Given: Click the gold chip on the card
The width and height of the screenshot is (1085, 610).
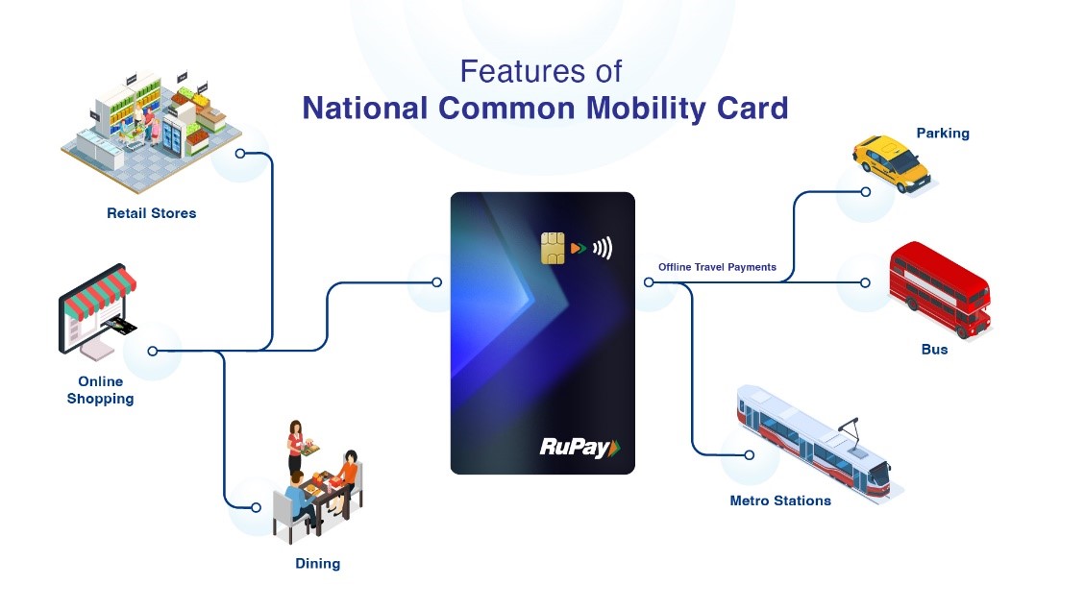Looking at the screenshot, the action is pos(553,248).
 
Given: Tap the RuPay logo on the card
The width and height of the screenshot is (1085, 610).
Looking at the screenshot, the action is pos(579,448).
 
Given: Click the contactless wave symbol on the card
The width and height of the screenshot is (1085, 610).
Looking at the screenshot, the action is pos(603,248).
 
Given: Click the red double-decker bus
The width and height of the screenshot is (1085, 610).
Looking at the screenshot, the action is pos(941,288).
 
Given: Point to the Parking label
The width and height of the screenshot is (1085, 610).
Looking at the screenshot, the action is pos(943,133).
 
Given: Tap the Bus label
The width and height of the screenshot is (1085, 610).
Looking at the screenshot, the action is pos(934,350).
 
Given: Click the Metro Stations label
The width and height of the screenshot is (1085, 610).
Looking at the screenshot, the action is pos(780,500).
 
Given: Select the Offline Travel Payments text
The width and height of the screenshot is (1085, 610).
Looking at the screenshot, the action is pos(717,267).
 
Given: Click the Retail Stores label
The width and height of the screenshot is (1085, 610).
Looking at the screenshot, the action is pos(152,213).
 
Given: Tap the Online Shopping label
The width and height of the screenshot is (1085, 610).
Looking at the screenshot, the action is pos(100,390).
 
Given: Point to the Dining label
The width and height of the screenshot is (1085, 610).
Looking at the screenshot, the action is pos(317,564).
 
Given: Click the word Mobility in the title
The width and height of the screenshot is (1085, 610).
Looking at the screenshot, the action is pos(646,108).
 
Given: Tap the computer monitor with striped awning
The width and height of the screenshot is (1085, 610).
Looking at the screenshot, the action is pos(97,311).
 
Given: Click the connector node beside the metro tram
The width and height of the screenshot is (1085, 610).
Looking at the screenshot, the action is pos(749,455).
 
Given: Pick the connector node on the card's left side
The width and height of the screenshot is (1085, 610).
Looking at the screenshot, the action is pos(436,282).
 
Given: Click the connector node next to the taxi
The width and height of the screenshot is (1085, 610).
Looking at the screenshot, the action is pos(866,191).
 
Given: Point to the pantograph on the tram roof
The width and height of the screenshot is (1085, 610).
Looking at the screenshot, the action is pos(851,431).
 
